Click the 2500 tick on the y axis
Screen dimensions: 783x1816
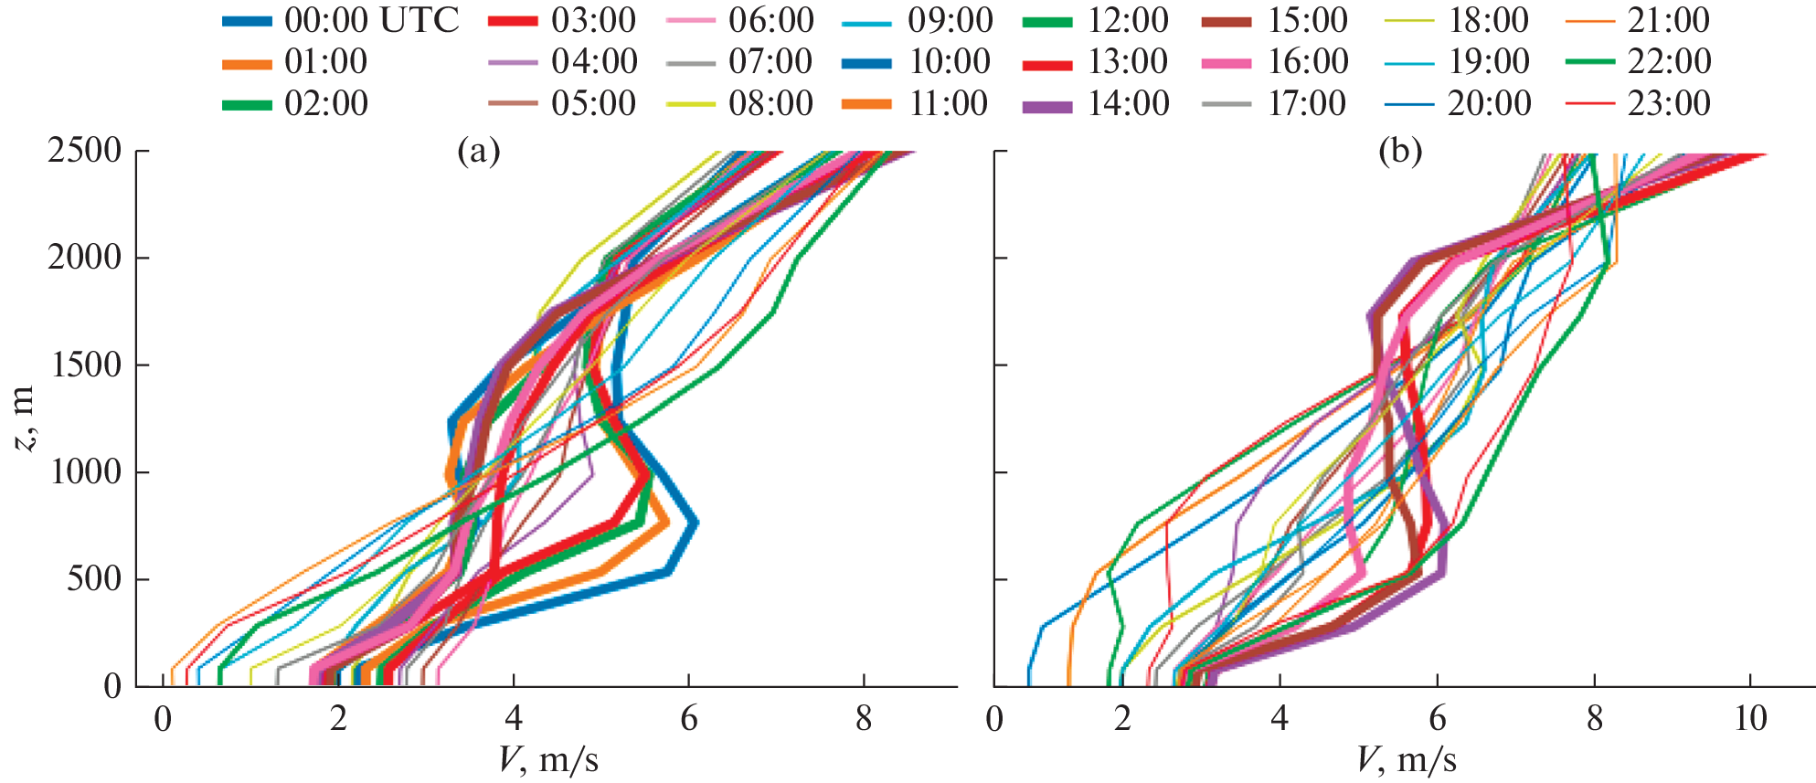[x=85, y=151]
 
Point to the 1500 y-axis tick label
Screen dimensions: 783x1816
[x=85, y=365]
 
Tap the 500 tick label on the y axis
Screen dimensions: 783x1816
[x=94, y=579]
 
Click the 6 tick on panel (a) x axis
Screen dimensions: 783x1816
[x=689, y=720]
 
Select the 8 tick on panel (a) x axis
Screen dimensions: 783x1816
[x=864, y=720]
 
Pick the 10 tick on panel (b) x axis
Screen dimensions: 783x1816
[x=1751, y=720]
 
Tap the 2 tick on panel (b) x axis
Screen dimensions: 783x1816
[x=1122, y=720]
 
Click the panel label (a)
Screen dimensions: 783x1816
[x=479, y=152]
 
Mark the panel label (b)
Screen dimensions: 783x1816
[x=1400, y=152]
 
